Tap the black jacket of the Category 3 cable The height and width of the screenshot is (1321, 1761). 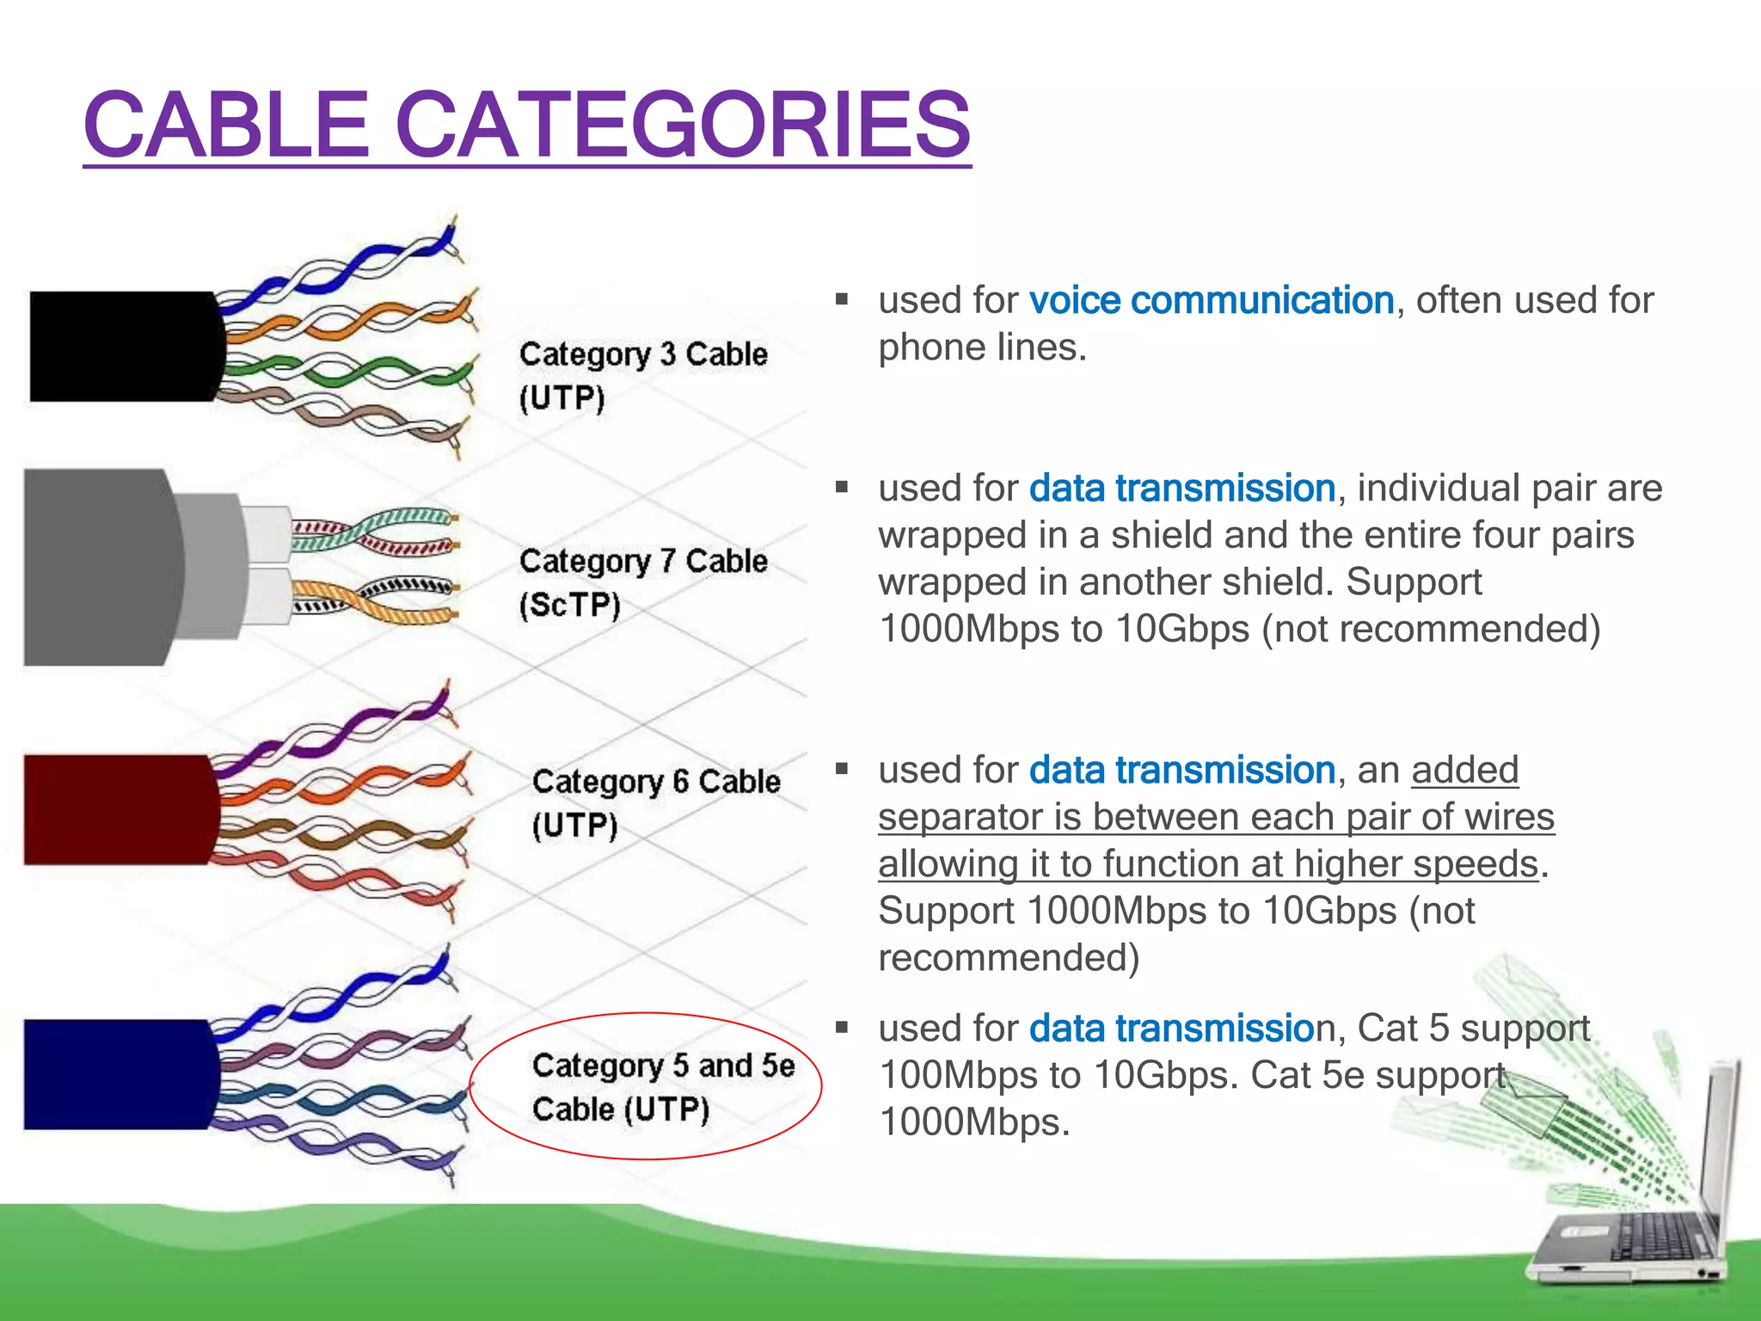point(120,347)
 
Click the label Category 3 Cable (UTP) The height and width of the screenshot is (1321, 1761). point(642,376)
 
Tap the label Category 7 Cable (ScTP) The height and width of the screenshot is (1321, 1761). point(642,582)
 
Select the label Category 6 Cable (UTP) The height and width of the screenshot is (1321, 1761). point(655,803)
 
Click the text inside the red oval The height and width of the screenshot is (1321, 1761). point(662,1087)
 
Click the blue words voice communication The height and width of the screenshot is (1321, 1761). point(1211,301)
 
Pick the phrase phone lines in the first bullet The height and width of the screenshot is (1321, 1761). point(982,348)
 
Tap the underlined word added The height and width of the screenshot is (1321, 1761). point(1464,771)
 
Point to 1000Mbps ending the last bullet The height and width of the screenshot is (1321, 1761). point(973,1122)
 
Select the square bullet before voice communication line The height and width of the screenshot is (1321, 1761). point(842,300)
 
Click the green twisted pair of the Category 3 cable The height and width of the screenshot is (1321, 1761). point(344,372)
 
